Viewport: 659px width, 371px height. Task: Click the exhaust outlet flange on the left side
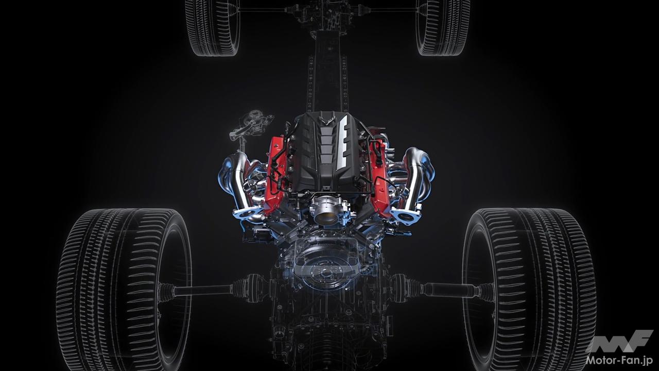tap(247, 213)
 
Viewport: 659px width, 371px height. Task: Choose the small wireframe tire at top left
tap(213, 27)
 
